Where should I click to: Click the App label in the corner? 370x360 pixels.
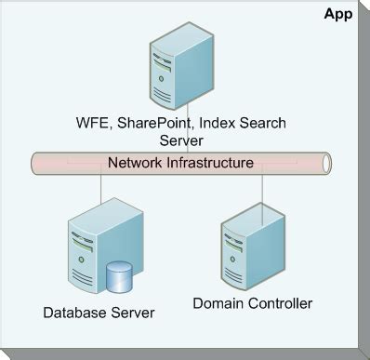click(x=337, y=14)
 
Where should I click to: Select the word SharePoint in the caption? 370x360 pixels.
click(x=153, y=122)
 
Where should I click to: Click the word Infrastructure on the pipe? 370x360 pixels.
click(x=210, y=163)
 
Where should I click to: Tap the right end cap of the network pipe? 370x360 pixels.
click(x=326, y=163)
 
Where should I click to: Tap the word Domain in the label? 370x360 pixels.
click(x=218, y=303)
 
